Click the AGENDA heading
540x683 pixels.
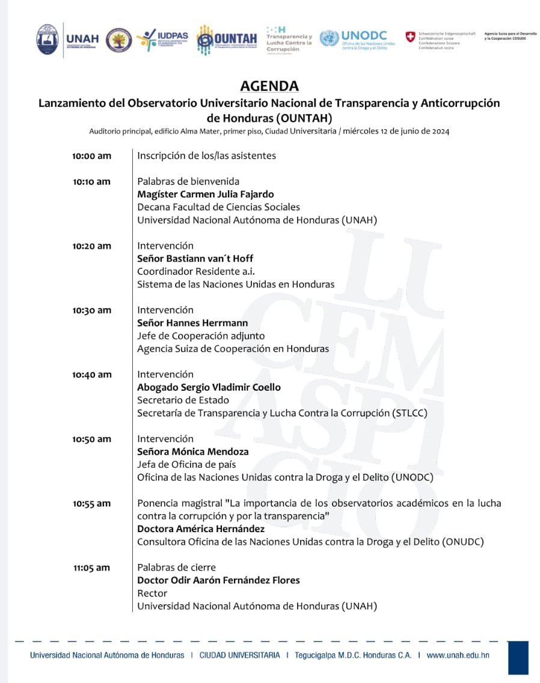[x=269, y=86]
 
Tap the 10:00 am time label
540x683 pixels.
[x=91, y=156]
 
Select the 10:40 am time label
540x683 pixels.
[x=91, y=375]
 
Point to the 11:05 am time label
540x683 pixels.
[x=91, y=568]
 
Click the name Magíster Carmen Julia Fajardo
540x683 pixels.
[x=205, y=194]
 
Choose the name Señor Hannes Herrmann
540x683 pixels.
[x=192, y=323]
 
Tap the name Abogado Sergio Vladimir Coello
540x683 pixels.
[x=209, y=387]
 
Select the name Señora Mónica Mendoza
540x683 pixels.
[x=192, y=452]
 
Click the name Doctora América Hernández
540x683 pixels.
[x=201, y=529]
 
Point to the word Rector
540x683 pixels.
[x=152, y=593]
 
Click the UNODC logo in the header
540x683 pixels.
[x=357, y=40]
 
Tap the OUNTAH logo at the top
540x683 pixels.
[x=227, y=40]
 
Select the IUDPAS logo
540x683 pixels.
[x=162, y=40]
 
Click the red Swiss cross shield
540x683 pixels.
[x=410, y=37]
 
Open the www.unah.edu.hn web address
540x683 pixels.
[x=458, y=655]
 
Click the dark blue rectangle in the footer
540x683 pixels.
[x=518, y=657]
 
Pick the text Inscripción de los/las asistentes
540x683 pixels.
[x=206, y=156]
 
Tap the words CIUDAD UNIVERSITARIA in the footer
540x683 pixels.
[x=239, y=655]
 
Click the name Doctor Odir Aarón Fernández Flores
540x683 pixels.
[x=218, y=580]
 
